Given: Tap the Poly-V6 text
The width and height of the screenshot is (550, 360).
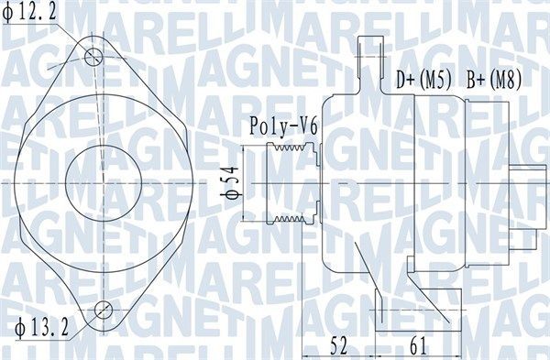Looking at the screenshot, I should point(282,127).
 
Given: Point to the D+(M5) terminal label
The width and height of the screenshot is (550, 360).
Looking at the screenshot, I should point(423,81).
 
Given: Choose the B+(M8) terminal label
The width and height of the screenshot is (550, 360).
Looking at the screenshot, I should point(493,81).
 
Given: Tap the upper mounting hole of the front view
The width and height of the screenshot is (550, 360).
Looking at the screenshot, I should point(93,57).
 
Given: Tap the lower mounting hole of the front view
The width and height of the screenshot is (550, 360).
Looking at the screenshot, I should point(104,308).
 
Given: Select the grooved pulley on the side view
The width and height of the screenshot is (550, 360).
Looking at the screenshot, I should point(291,183).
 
